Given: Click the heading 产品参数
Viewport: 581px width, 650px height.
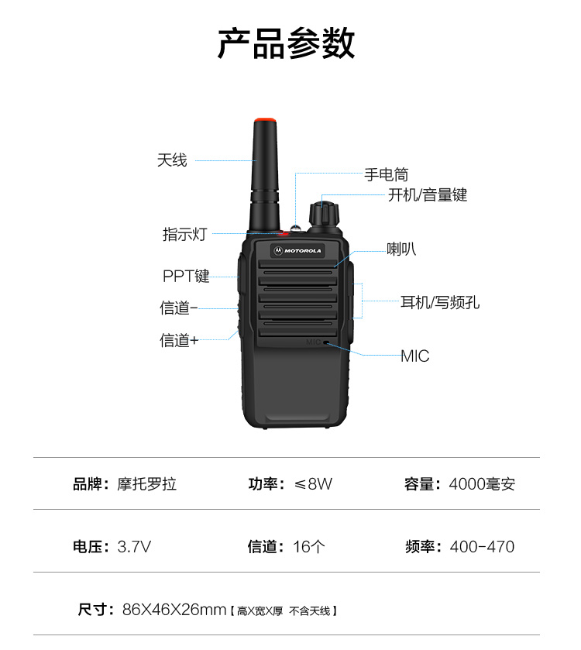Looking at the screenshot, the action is (x=287, y=43).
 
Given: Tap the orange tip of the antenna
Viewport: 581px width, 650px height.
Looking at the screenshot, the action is (x=265, y=121).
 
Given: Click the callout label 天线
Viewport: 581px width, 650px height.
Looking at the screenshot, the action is (x=172, y=160).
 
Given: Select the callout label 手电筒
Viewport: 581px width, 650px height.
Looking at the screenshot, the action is (x=387, y=174).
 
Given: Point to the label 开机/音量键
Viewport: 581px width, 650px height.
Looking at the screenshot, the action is (x=428, y=194).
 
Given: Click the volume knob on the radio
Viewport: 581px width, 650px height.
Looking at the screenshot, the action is (x=325, y=215).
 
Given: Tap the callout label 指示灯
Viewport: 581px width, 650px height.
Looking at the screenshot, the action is (x=184, y=234).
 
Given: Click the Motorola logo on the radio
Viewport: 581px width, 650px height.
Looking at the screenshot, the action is (x=297, y=251).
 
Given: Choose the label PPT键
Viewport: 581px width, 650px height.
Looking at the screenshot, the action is (x=186, y=276).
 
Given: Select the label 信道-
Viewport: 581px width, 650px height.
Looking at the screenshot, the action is (x=179, y=308).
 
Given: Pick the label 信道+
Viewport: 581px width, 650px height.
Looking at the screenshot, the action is (x=179, y=340).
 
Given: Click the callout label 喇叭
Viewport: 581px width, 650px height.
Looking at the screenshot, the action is (x=401, y=249).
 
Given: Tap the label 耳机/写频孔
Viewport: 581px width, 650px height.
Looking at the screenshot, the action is (x=440, y=303).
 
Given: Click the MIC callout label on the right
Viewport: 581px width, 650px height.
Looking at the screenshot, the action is (x=414, y=356).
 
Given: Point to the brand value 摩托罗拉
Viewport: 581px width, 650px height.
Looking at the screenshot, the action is (x=146, y=483).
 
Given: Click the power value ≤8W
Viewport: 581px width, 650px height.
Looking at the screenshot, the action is (x=313, y=483).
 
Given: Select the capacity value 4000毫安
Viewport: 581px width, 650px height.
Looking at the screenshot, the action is (x=482, y=483).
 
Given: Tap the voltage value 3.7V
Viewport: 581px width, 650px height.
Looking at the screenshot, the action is (x=134, y=547).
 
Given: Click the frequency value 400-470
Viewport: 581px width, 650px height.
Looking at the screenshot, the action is (x=482, y=547).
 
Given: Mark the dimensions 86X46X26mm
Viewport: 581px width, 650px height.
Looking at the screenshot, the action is (x=174, y=610).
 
